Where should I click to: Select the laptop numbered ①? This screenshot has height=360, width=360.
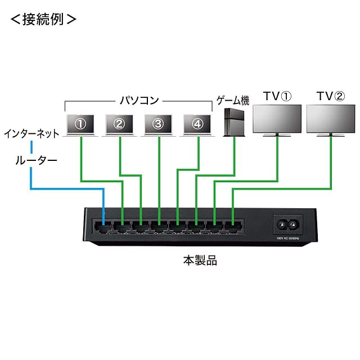point(80,124)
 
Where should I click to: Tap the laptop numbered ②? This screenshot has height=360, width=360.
point(119,124)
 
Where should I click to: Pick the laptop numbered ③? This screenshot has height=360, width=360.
point(159,124)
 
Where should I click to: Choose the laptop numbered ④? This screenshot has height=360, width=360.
point(197,124)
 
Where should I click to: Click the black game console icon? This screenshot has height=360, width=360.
point(233,123)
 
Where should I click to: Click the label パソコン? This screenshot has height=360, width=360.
point(139,101)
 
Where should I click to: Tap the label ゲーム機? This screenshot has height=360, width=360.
point(233,101)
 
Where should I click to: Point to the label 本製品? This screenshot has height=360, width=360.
point(200,260)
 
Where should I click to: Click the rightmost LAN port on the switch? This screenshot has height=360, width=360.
point(232,227)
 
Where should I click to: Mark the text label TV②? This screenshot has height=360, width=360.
point(330,96)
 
